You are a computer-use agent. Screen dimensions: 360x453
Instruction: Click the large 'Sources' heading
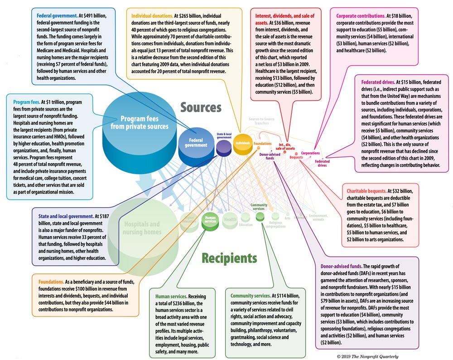201,108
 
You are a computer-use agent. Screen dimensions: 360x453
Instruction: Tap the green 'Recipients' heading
223,259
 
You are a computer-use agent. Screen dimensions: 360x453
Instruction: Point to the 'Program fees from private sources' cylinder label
140,121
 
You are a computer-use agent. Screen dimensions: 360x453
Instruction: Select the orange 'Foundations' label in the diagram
263,144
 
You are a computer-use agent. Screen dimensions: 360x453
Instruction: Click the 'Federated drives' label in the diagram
322,163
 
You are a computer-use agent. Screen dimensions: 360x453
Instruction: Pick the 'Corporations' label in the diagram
310,153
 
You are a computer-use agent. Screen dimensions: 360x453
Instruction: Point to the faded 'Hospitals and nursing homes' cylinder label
142,228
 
